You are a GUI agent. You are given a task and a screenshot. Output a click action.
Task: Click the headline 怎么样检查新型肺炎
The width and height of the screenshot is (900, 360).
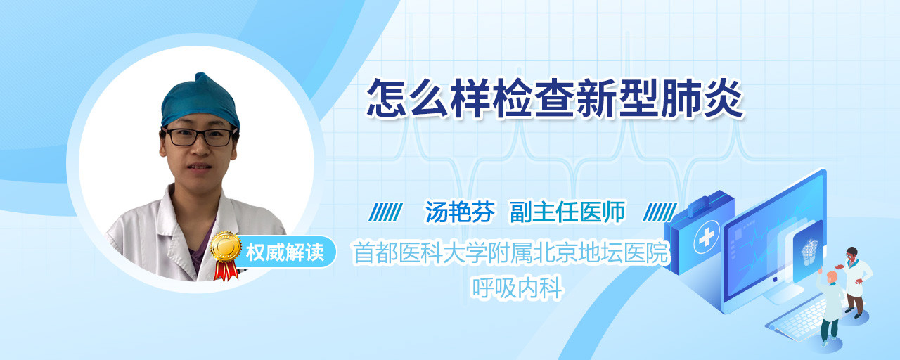[555, 99]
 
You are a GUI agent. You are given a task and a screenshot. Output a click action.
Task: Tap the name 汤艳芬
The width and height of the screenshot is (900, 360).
[460, 212]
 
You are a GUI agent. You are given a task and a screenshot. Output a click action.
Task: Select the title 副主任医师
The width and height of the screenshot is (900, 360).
[567, 212]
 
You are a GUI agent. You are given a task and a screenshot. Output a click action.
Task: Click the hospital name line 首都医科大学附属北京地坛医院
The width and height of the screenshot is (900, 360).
[511, 252]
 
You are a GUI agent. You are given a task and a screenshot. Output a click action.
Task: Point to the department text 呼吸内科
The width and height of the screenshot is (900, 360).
[517, 288]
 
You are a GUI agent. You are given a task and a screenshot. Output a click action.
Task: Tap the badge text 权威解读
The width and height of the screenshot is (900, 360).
[285, 252]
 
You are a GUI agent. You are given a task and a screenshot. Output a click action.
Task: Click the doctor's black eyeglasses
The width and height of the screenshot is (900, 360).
[199, 137]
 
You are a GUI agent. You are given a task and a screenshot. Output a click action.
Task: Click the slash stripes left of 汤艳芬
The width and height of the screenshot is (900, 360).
[386, 212]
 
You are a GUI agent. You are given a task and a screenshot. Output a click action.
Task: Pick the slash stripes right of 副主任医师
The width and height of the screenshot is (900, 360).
[660, 212]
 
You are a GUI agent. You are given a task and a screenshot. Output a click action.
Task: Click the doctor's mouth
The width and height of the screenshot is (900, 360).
[198, 167]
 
